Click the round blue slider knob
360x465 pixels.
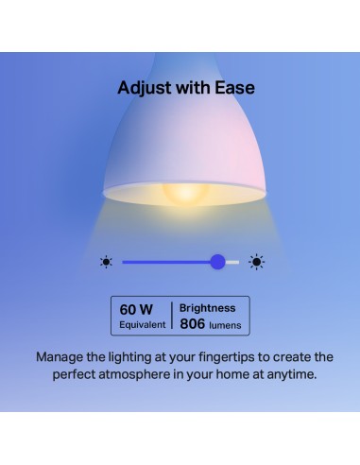click(x=218, y=262)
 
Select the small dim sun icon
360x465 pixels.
click(x=106, y=262)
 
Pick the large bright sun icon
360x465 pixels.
click(x=256, y=262)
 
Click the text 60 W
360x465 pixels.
click(x=136, y=309)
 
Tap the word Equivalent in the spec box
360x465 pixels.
click(x=143, y=325)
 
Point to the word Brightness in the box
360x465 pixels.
click(x=209, y=308)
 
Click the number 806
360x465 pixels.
click(x=193, y=324)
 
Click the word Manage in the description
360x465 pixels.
click(x=62, y=358)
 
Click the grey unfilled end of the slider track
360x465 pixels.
click(x=232, y=262)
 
